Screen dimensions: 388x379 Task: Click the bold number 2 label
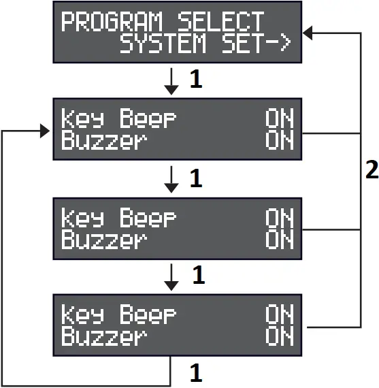point(371,170)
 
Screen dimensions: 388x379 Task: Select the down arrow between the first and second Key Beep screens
point(172,179)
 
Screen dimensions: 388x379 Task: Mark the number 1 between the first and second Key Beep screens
point(195,179)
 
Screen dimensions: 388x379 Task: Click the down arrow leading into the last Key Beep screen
point(172,276)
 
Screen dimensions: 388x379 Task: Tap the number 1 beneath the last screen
point(195,373)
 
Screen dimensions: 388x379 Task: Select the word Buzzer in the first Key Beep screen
point(103,142)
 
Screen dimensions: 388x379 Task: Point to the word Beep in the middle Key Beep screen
point(148,218)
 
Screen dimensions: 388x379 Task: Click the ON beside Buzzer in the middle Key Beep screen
point(279,240)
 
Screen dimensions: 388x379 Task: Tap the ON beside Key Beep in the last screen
point(279,315)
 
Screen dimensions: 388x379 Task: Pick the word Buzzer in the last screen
point(103,337)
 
